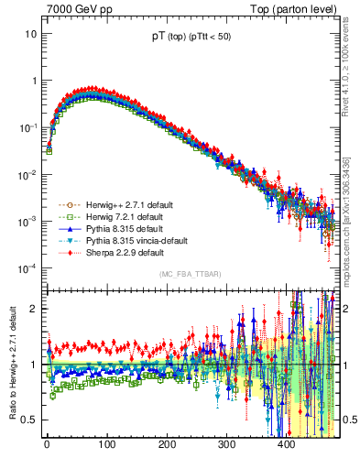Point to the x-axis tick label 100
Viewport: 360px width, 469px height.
(107, 445)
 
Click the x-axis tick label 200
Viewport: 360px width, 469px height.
(167, 445)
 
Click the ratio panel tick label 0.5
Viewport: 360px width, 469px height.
(29, 420)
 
